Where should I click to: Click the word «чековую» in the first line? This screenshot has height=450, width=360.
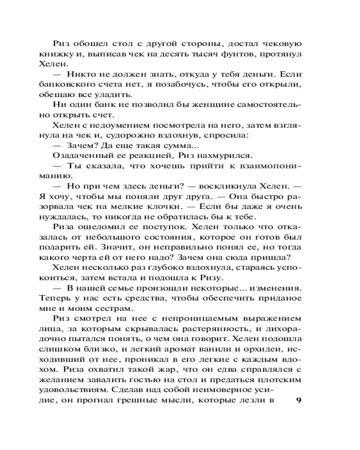pyautogui.click(x=279, y=45)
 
